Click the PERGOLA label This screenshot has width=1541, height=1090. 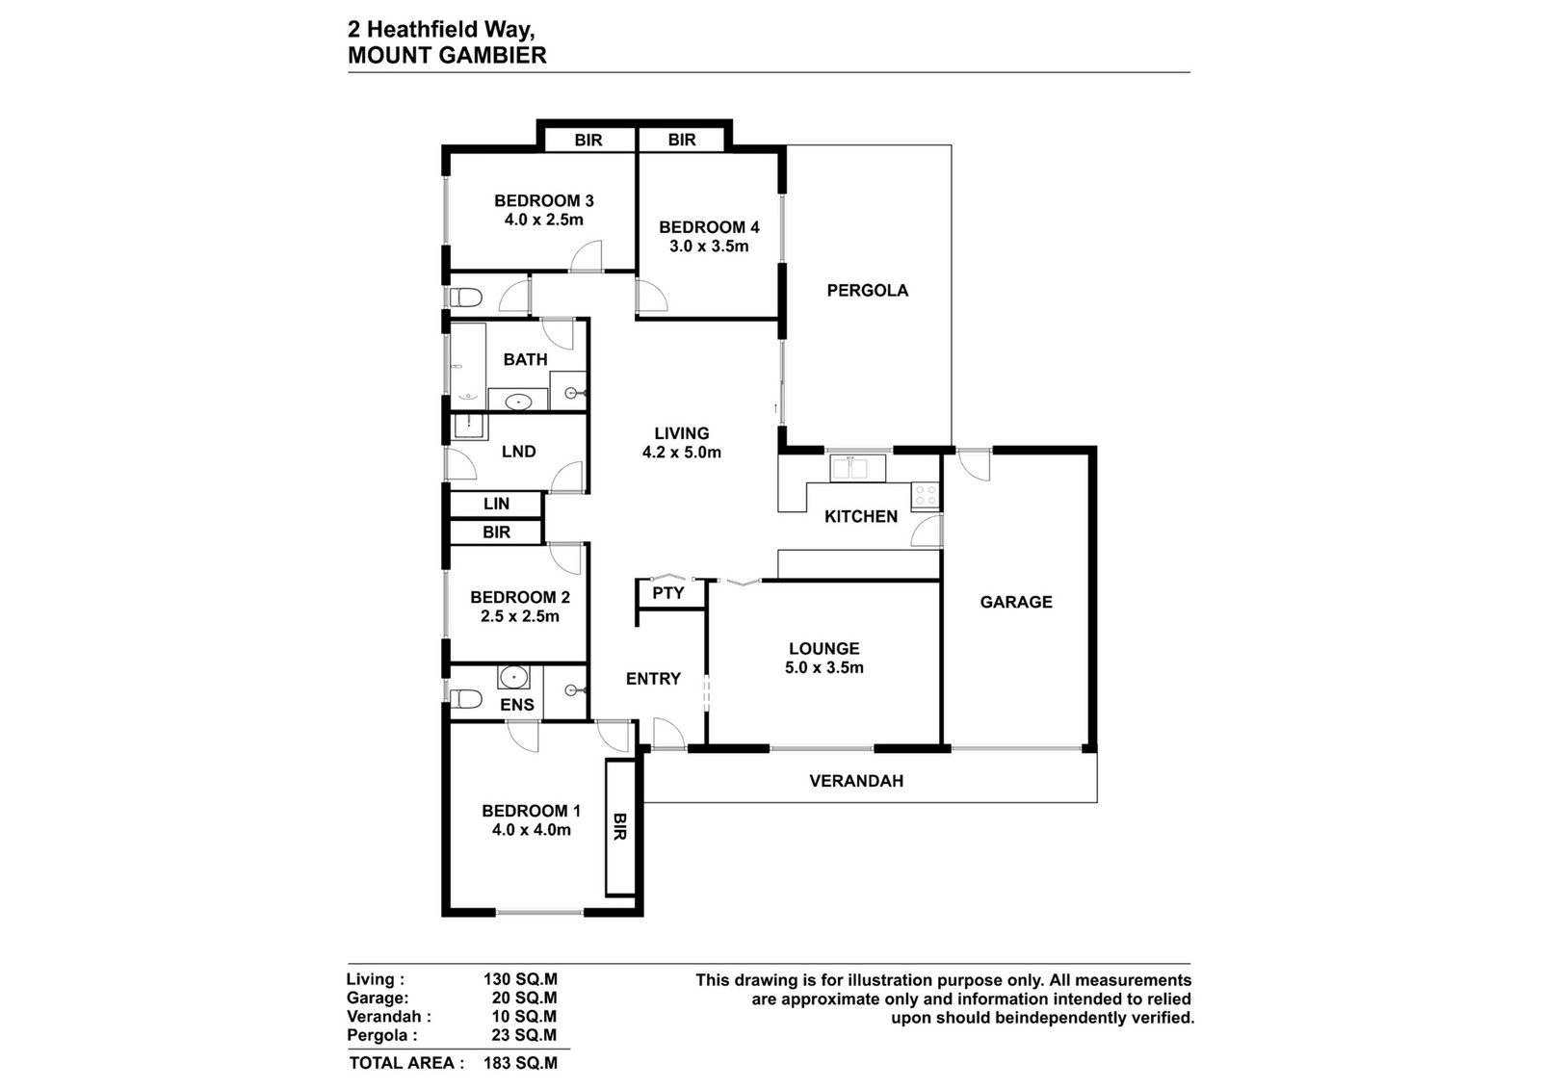pos(868,290)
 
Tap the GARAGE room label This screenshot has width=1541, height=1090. pos(1016,602)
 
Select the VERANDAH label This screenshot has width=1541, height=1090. pos(856,781)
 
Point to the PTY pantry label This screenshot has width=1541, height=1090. pos(668,593)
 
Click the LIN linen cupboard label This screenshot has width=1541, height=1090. pos(496,504)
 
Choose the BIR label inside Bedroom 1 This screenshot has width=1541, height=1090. pos(619,826)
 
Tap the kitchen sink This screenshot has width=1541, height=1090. pos(858,468)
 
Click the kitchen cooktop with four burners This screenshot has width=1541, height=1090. pos(925,496)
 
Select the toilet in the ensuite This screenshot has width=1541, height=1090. pos(466,699)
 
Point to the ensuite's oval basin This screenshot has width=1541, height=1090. pos(514,677)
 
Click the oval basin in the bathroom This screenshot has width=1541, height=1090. pos(517,401)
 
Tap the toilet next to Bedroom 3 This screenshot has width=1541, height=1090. pos(466,298)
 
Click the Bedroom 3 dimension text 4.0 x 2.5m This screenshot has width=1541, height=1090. pos(543,221)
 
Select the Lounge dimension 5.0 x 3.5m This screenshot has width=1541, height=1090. pos(824,667)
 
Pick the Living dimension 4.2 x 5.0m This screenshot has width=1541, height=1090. pos(682,453)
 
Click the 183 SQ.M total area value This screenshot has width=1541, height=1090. pos(520,1063)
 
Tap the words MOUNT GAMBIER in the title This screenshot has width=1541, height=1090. pos(447,55)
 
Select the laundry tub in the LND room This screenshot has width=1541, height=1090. pos(470,428)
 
